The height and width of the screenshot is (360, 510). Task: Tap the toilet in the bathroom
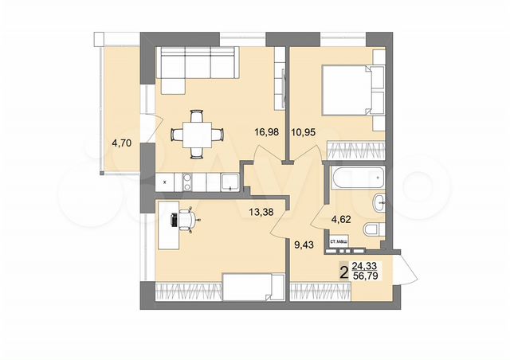pyautogui.click(x=372, y=231)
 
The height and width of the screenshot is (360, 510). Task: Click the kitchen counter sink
pyautogui.click(x=228, y=182)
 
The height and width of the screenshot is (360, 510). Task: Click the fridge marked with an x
pyautogui.click(x=164, y=182)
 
